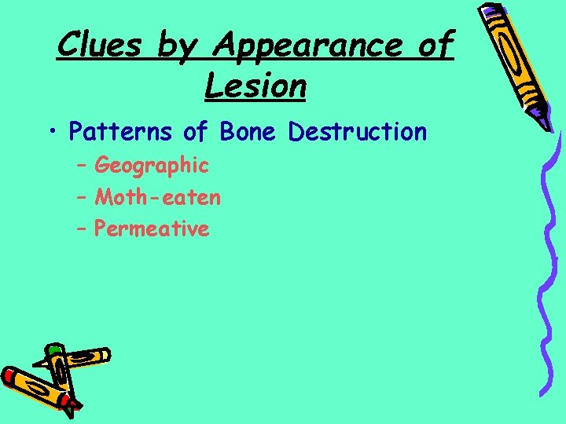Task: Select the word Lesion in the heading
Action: [x=255, y=85]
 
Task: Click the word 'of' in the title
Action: [x=435, y=46]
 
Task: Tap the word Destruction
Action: [x=358, y=132]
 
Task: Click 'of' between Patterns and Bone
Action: [x=196, y=132]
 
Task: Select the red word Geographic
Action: [x=152, y=166]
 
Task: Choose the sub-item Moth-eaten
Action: [x=157, y=197]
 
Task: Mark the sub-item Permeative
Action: [x=152, y=229]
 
